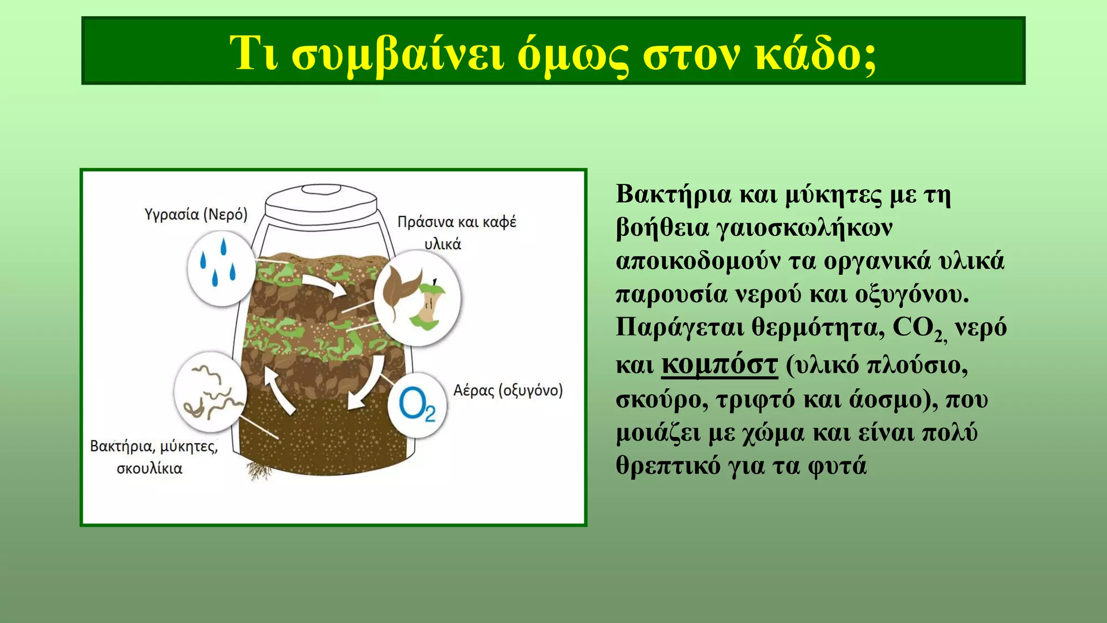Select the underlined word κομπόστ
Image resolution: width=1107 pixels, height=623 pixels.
coord(719,364)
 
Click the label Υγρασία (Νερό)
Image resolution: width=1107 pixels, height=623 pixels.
coord(196,215)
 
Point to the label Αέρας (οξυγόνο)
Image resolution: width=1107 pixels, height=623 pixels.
coord(508,390)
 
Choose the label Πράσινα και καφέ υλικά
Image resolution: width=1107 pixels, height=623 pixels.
coord(457,233)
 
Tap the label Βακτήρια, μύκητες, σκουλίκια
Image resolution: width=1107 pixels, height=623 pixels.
coord(154,456)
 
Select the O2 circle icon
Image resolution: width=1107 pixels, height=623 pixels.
coord(417,406)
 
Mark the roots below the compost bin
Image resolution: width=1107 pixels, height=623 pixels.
coord(259,470)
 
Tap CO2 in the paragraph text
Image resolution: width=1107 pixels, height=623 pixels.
coord(918,328)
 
